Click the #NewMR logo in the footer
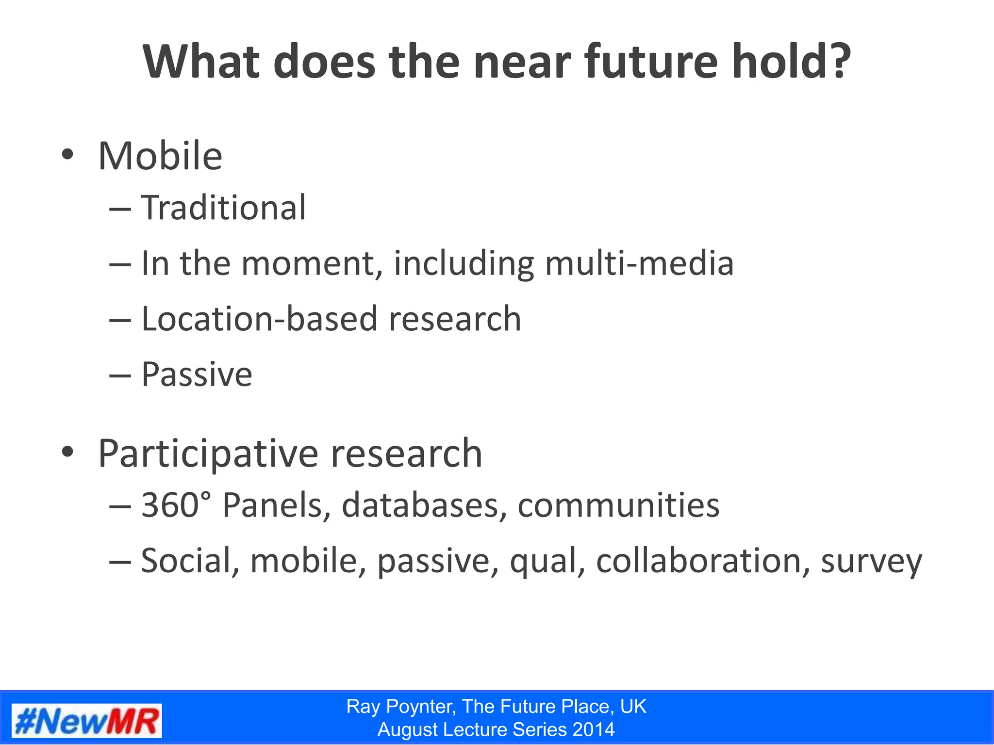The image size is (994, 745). [x=86, y=721]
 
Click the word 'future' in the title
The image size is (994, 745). [x=650, y=62]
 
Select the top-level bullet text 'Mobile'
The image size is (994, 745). [x=160, y=156]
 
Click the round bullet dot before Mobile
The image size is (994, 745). [x=67, y=155]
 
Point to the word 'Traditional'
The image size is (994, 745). [x=223, y=208]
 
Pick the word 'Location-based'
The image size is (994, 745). [x=259, y=319]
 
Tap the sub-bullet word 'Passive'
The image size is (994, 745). [x=197, y=375]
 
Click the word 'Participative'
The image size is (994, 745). [x=209, y=454]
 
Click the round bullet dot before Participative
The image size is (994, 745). [x=67, y=452]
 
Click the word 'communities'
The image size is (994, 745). [x=618, y=505]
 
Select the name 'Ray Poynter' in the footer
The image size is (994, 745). [x=401, y=707]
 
